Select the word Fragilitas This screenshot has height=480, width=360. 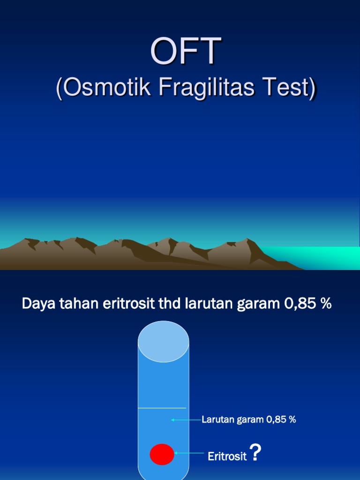point(207,88)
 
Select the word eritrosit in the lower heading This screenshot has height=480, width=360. point(128,303)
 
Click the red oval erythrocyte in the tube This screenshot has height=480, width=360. point(162,454)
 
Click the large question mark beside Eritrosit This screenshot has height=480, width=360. point(255,452)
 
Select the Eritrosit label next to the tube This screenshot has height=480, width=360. point(227,456)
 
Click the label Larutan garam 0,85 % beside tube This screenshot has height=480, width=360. point(248,420)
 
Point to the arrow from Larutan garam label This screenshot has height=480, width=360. point(186,420)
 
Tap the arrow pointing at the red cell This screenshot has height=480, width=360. point(189,453)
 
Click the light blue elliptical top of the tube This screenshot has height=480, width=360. point(163,342)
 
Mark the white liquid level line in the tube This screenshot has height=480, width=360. point(162,408)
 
